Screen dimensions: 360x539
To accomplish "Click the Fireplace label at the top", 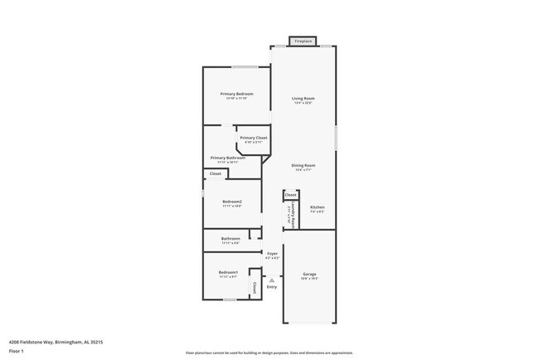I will (x=303, y=41).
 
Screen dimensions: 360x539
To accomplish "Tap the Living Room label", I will (x=303, y=99).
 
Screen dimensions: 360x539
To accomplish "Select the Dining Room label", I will (x=303, y=165).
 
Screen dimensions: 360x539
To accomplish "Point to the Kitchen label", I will (x=317, y=207).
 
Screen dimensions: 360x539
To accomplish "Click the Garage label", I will (x=309, y=274).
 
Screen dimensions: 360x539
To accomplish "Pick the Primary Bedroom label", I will (x=236, y=94).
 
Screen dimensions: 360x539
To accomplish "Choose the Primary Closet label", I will (x=253, y=138).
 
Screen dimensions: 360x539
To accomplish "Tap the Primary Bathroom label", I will (x=227, y=158).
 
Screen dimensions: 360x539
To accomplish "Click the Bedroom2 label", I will (x=232, y=202).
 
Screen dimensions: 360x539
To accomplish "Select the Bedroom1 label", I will (x=228, y=272).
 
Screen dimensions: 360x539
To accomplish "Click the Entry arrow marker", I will (x=271, y=280).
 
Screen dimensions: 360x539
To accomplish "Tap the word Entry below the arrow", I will (x=271, y=287).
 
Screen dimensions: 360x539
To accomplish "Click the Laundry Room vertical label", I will (x=288, y=215).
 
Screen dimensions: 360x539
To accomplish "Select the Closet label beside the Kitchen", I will (x=291, y=196).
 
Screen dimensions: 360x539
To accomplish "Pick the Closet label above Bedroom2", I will (x=215, y=174).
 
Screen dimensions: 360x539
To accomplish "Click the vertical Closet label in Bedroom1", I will (x=254, y=287).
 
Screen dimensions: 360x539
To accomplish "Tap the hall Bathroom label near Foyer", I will (x=231, y=238).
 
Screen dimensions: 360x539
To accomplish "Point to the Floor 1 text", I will (x=17, y=350).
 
